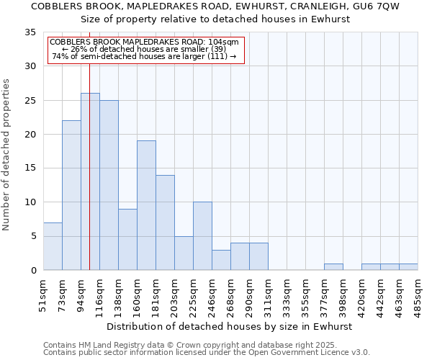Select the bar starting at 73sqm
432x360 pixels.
(x=71, y=195)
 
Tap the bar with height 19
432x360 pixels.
(x=146, y=205)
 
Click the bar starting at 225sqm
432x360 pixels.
(x=202, y=236)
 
